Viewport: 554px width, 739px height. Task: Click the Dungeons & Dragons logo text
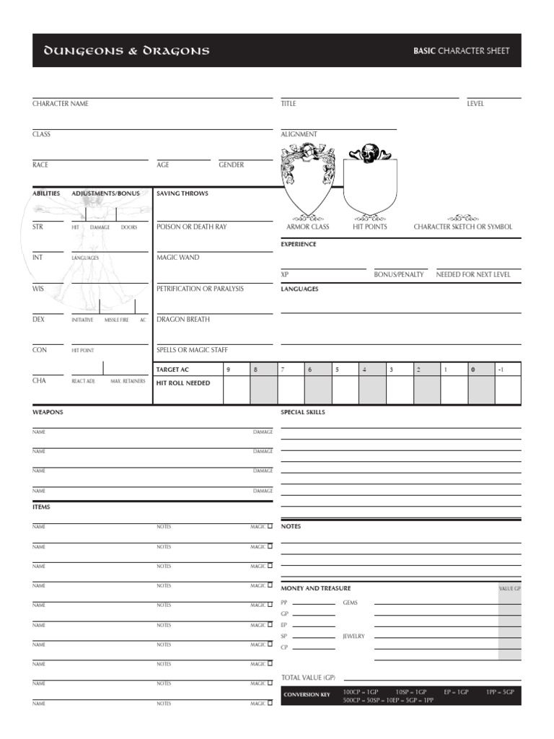(x=127, y=51)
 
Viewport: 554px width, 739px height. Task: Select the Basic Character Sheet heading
(x=461, y=51)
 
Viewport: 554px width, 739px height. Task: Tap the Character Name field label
(x=61, y=104)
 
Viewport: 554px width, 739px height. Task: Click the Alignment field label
(x=299, y=134)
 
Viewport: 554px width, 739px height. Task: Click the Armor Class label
(x=308, y=227)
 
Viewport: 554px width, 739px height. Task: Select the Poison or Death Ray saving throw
(x=191, y=227)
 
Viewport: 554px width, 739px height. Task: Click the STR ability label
(x=38, y=227)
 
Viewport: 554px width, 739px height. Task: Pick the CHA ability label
(x=39, y=380)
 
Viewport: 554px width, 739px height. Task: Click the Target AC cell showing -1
(x=501, y=369)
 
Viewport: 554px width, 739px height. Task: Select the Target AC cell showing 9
(x=228, y=369)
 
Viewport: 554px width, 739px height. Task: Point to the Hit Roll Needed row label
(x=183, y=383)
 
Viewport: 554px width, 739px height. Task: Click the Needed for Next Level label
(x=473, y=274)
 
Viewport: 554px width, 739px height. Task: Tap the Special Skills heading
(x=303, y=412)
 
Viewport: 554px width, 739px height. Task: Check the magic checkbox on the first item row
(x=270, y=526)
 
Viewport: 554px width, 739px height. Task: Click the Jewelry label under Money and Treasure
(x=354, y=636)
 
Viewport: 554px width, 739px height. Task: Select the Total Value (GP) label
(x=309, y=678)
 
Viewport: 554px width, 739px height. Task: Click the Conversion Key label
(x=307, y=695)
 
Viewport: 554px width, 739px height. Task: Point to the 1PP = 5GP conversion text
(x=500, y=691)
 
